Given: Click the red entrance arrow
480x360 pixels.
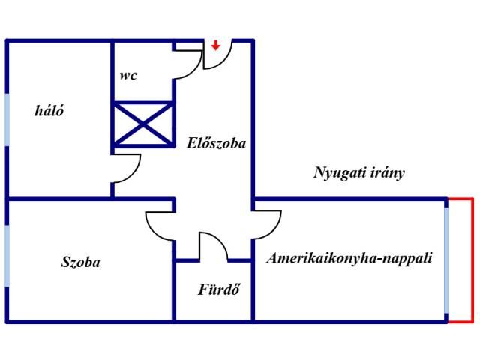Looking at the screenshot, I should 215,45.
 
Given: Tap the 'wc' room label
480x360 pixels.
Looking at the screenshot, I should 127,76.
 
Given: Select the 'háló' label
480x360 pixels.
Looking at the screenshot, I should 49,111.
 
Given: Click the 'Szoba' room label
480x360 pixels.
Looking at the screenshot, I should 80,262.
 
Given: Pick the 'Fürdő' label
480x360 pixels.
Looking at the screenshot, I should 218,289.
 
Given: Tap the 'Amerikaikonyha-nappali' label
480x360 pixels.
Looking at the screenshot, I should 349,258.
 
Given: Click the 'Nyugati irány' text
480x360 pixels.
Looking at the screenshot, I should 358,173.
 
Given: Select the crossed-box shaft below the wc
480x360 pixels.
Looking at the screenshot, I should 142,124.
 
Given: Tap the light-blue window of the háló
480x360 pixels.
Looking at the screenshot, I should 7,121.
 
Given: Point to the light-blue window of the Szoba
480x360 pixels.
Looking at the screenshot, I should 7,256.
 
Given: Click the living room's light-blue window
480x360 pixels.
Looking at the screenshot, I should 447,259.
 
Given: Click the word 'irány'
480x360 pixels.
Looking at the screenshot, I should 388,173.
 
